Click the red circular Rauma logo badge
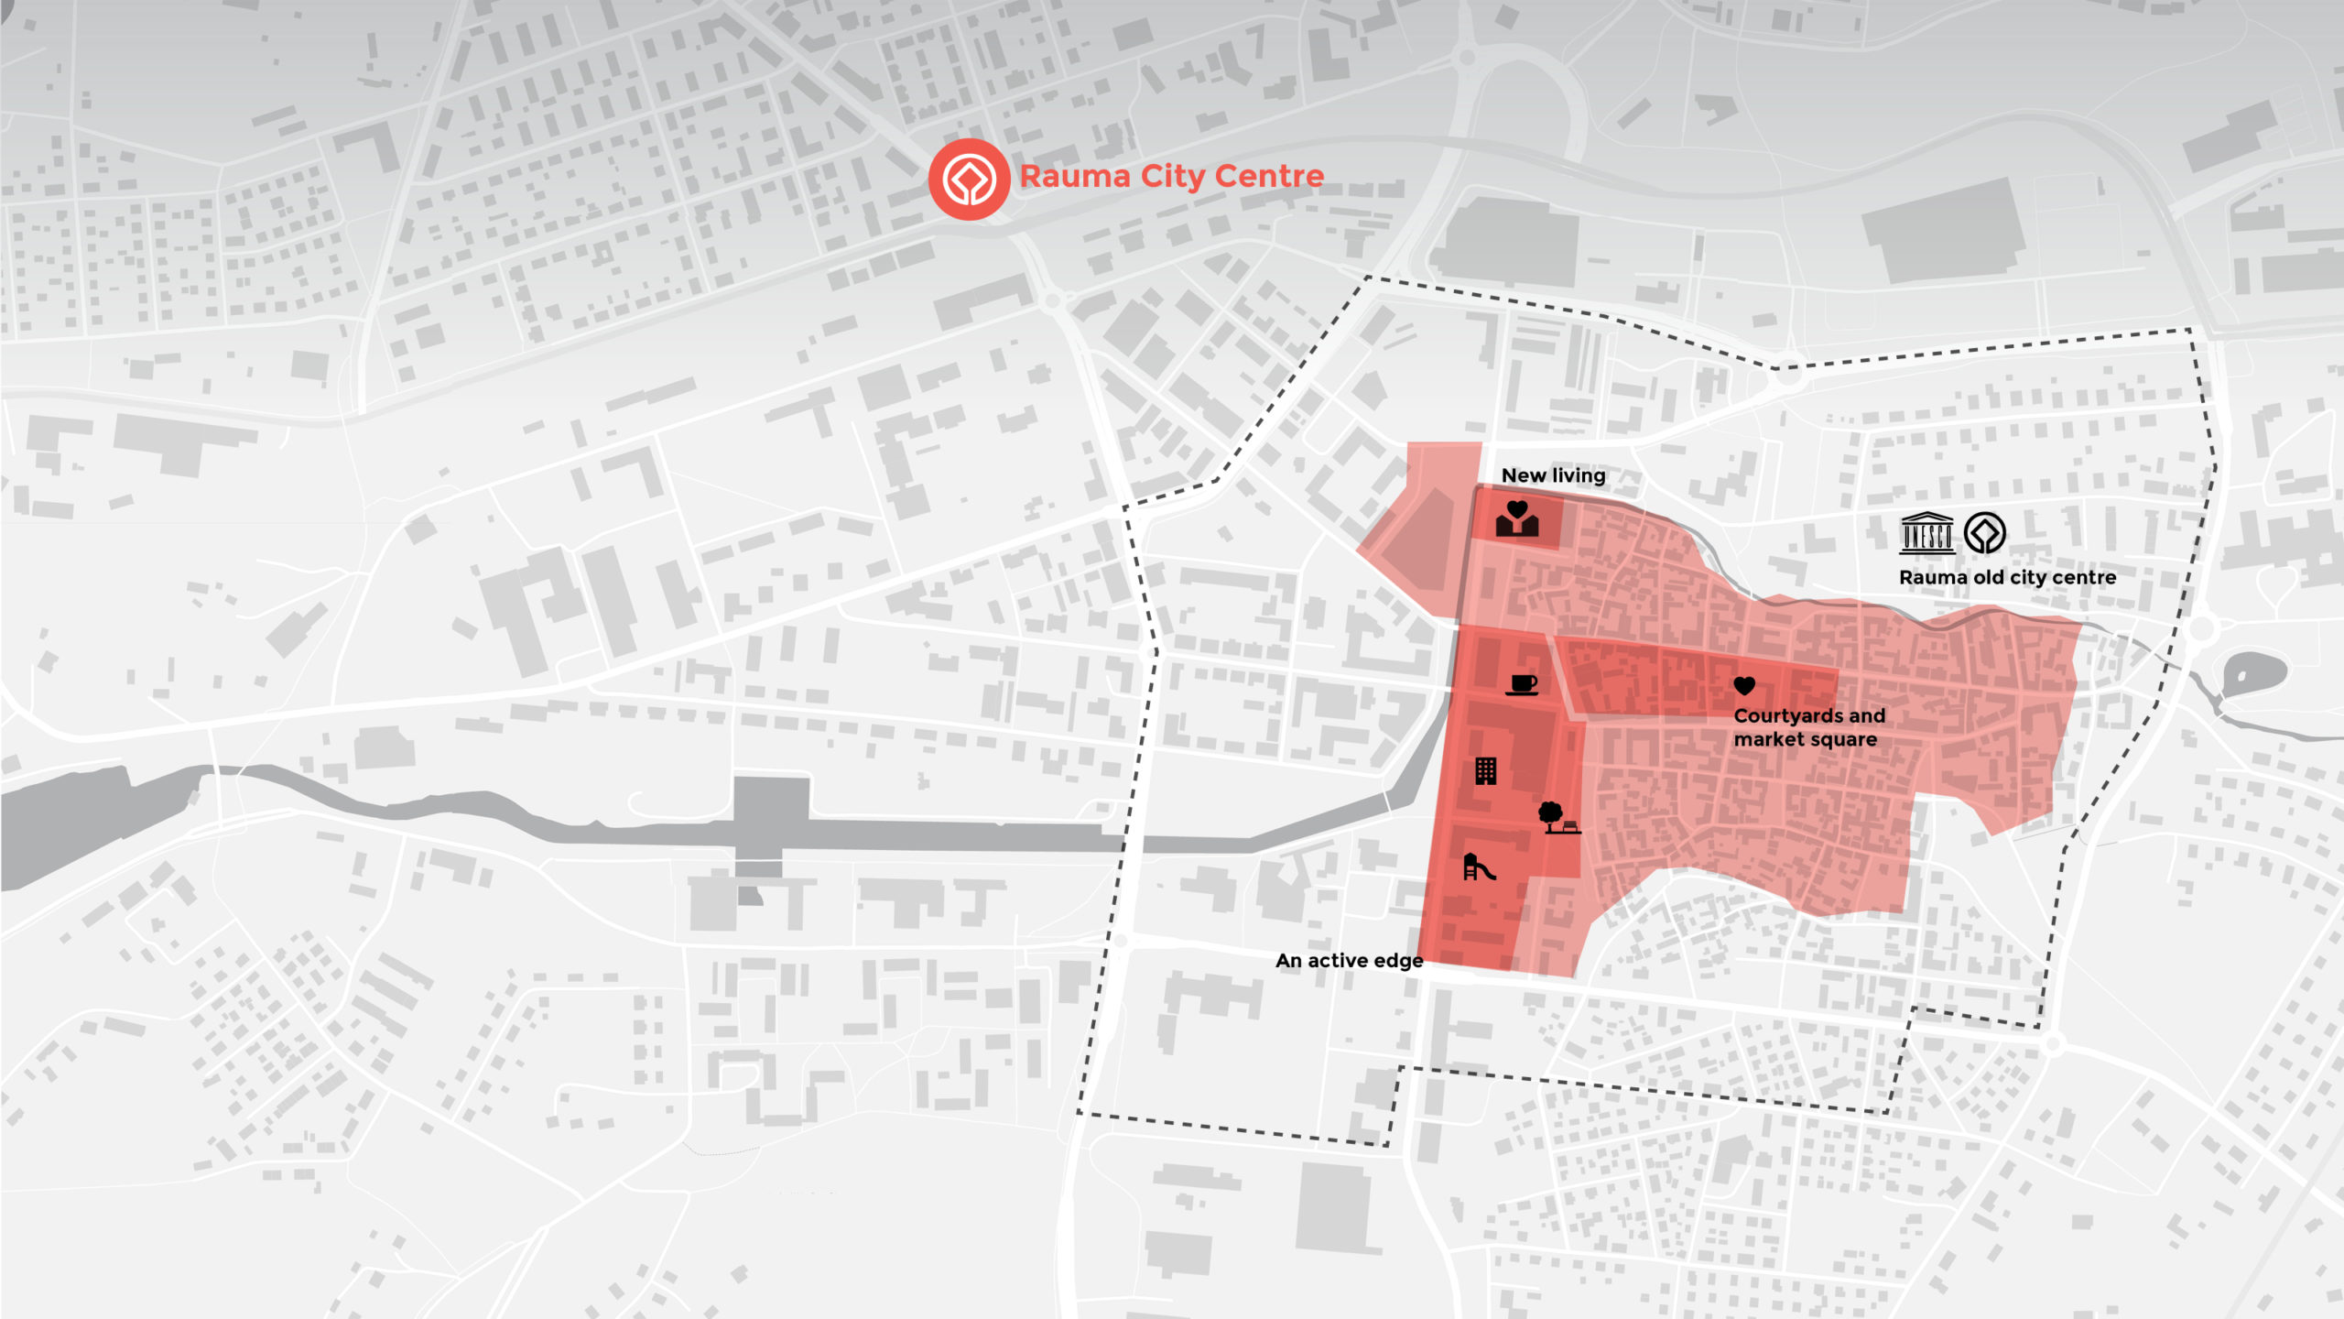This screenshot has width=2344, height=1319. click(969, 179)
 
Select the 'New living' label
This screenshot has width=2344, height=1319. click(1553, 475)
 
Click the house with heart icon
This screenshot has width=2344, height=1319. click(1517, 518)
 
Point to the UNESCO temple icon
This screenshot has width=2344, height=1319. click(1927, 533)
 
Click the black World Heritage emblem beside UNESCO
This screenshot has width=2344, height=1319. click(1985, 533)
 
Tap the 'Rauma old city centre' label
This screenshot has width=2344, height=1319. click(2007, 578)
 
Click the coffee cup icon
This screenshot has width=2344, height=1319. click(1523, 684)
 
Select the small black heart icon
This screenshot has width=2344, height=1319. click(1744, 685)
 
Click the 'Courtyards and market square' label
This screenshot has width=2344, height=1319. click(1808, 727)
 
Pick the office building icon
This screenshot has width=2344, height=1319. click(1485, 771)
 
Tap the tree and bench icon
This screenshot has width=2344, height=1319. click(1557, 817)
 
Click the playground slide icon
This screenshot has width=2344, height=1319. click(1478, 867)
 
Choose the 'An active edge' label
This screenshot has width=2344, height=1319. click(1349, 961)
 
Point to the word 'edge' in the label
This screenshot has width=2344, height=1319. click(1399, 961)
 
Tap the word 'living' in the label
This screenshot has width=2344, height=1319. click(1579, 475)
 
